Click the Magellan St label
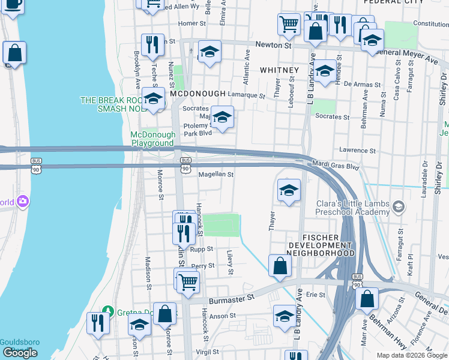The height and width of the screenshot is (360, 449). coord(215,175)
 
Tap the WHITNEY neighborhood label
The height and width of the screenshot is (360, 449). coord(279,70)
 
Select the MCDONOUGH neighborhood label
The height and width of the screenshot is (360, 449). coord(197,94)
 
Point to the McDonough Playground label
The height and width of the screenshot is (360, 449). coord(153,139)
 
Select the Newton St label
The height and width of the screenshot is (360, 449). coord(273,45)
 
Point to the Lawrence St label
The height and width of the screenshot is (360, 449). coord(357,151)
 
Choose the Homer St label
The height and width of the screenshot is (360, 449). coord(192,23)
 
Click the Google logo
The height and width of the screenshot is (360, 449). coord(20,353)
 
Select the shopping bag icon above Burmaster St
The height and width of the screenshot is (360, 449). coord(280,265)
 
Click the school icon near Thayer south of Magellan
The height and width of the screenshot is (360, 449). coord(289,190)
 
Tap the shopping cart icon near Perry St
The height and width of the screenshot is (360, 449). coord(188,280)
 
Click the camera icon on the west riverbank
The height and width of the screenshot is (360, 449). coord(23,201)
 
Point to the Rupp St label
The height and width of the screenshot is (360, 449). coord(202,248)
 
